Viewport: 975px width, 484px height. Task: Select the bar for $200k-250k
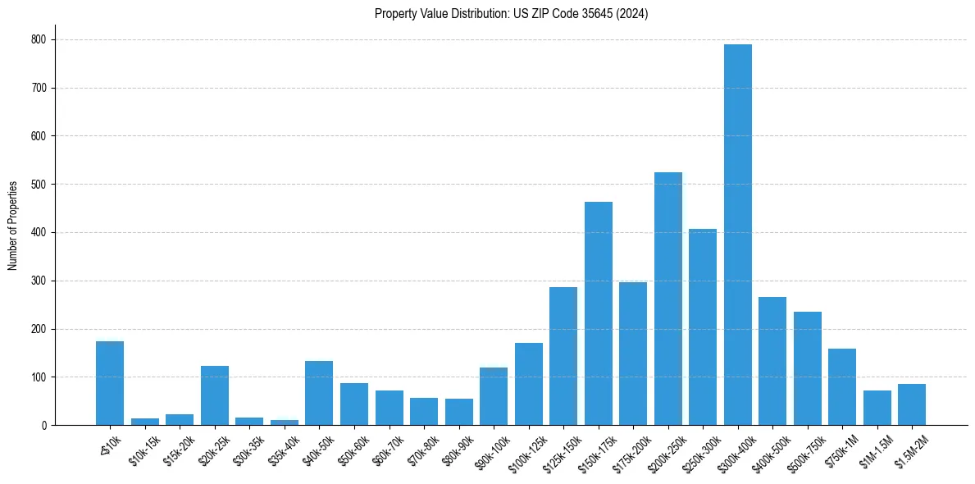tap(668, 299)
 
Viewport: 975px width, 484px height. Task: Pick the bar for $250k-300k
tap(703, 327)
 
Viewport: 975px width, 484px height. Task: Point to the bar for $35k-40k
tap(285, 422)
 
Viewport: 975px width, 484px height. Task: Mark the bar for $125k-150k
tap(563, 356)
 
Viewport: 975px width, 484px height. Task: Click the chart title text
tap(511, 14)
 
